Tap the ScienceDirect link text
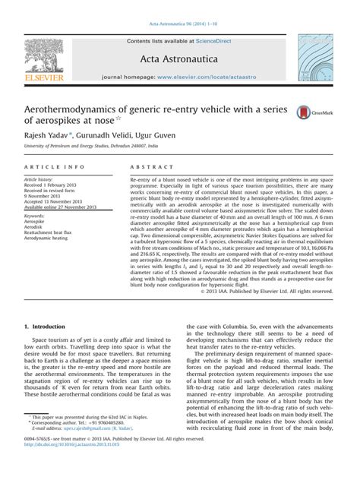(x=216, y=40)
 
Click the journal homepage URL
(x=210, y=77)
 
